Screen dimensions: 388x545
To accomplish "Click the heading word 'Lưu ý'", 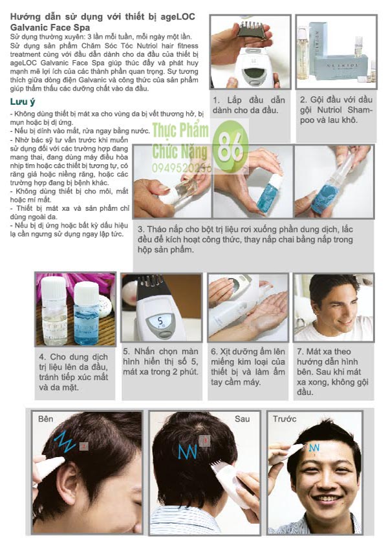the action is (23, 102).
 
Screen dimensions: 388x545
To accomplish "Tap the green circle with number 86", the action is (230, 146).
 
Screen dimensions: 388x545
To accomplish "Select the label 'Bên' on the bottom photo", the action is (45, 418).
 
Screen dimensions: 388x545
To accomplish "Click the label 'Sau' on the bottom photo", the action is (242, 418).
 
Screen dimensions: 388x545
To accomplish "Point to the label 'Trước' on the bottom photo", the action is (285, 418).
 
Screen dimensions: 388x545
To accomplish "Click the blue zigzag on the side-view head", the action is (65, 442).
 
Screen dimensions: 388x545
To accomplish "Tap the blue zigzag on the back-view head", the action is (188, 451).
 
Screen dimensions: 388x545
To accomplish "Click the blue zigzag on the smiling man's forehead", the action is (314, 447).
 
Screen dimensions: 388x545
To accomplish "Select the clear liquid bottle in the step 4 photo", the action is (54, 310).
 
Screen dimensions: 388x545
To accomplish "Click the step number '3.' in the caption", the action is (141, 230).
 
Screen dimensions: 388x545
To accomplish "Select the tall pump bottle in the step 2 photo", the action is (303, 54).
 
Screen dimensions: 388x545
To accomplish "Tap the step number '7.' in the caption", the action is (299, 352).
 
